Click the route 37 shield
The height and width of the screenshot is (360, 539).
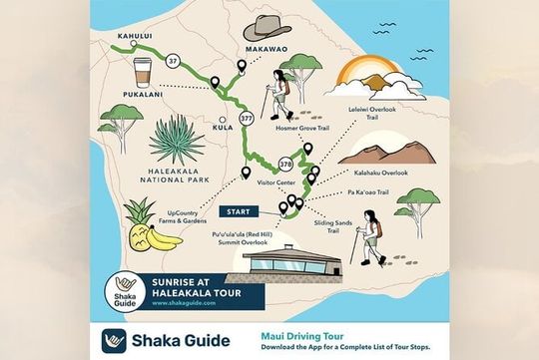click(x=172, y=60)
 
